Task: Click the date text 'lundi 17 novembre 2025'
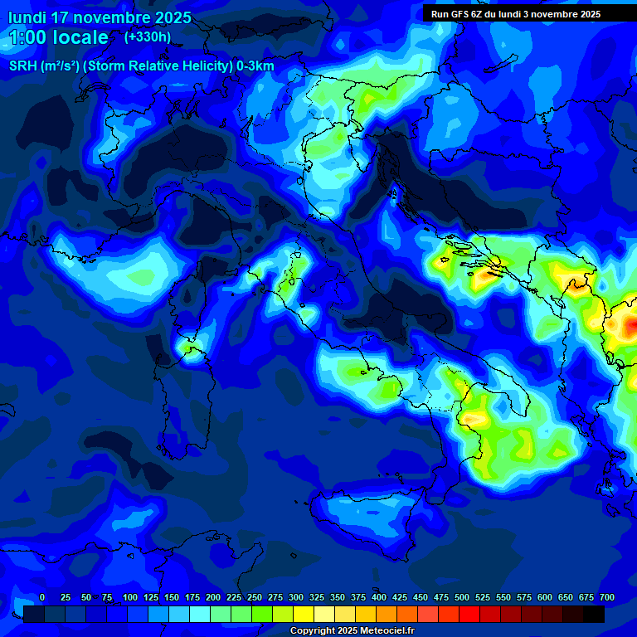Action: (x=100, y=17)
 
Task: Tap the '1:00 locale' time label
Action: (x=58, y=37)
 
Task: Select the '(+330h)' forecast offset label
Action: (x=148, y=36)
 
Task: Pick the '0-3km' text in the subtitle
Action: (x=255, y=66)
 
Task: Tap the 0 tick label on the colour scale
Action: (x=42, y=597)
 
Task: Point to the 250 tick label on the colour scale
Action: (x=255, y=597)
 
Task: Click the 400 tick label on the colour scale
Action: (x=379, y=597)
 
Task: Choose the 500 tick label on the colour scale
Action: (x=462, y=597)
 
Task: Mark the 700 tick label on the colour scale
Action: (x=607, y=597)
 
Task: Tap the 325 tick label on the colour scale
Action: (x=317, y=597)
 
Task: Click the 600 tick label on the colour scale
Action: (x=545, y=597)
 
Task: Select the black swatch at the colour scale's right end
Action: (x=594, y=615)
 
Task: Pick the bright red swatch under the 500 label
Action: (x=469, y=615)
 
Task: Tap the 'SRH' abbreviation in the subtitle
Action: (x=22, y=66)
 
